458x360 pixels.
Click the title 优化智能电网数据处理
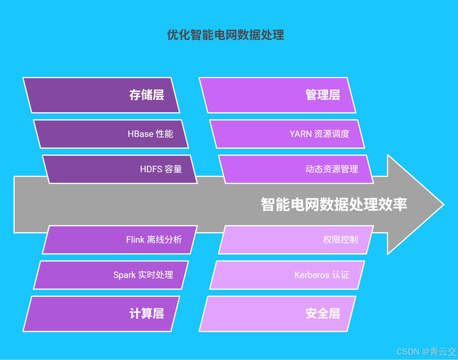coord(225,35)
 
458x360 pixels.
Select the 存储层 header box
coord(101,95)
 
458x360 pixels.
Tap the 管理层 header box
coord(277,95)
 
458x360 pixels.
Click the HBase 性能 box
coord(111,134)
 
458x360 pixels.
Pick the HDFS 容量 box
coord(120,169)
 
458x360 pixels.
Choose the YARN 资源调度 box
coord(287,134)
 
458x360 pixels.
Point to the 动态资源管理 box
coord(296,169)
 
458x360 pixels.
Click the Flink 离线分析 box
coord(120,240)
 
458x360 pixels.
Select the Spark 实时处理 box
coord(111,275)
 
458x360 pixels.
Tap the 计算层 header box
coord(101,314)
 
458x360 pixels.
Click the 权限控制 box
coord(296,240)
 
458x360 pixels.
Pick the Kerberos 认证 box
coord(287,275)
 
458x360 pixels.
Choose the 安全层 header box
coord(277,314)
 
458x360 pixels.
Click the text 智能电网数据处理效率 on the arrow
coord(334,205)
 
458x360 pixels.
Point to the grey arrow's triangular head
coord(414,205)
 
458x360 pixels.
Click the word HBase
coord(140,134)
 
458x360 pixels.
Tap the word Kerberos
coord(312,275)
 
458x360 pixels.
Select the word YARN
coord(300,134)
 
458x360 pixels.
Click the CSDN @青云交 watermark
coord(426,351)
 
